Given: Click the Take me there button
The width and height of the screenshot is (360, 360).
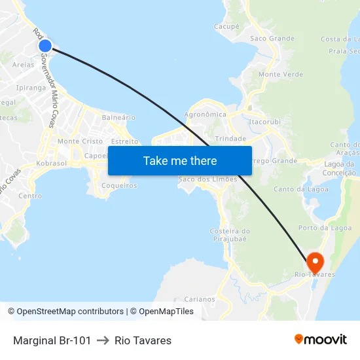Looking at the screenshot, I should pos(180,160).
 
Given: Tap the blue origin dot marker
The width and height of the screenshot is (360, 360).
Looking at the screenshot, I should pos(45,46).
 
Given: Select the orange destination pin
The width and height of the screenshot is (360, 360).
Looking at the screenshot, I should pos(315,262).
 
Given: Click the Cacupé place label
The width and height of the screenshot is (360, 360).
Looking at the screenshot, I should pos(226,27).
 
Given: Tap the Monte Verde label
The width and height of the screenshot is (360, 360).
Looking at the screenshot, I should pos(281,75).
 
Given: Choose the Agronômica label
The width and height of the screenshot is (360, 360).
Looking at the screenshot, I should pos(206,115).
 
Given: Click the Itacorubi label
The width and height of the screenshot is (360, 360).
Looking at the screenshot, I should pos(264,122).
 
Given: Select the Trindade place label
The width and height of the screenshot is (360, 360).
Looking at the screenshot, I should pos(230,139).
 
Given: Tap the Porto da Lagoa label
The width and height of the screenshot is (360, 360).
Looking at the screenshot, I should pos(321,228).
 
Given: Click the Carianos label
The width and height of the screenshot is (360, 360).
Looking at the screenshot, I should pos(200,299).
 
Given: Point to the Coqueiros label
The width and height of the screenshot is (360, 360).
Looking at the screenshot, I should pos(119,185).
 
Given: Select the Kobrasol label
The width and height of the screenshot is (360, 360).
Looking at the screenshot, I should pos(52,163).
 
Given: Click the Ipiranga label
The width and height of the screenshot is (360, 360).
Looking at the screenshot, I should pos(31,87).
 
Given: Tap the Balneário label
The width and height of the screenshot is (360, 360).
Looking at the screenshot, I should pos(118,118).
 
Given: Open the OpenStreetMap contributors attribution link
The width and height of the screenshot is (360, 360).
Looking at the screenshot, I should pos(70,312).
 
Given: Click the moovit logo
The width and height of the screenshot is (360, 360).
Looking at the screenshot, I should pos(321,340).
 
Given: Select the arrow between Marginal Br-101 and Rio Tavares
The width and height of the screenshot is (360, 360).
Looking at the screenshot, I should pos(103,340).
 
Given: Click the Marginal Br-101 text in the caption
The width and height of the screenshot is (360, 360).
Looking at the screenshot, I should pos(52,340).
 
